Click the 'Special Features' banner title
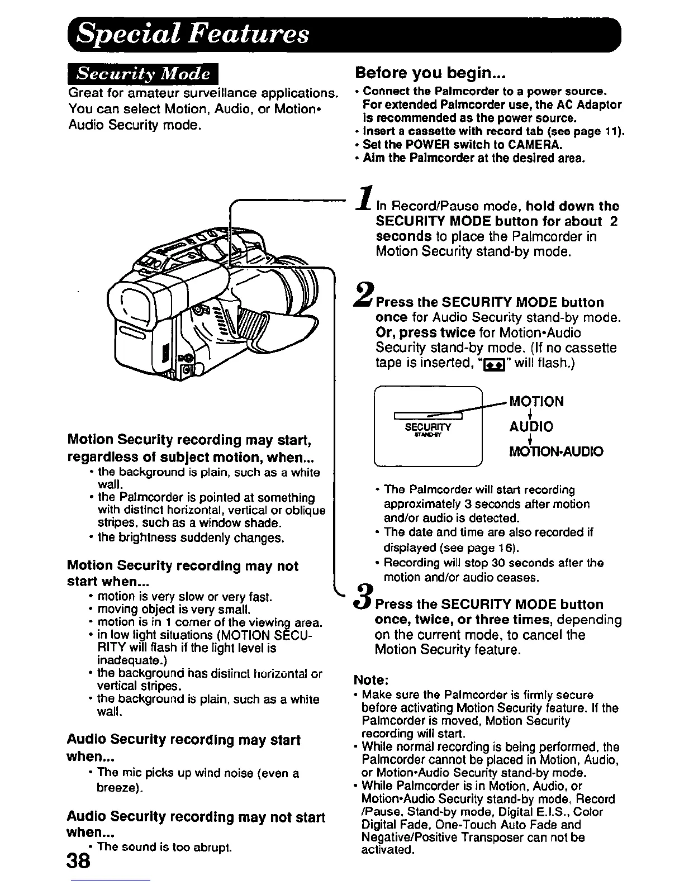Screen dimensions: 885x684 pyautogui.click(x=193, y=34)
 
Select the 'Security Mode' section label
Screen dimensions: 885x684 pyautogui.click(x=143, y=74)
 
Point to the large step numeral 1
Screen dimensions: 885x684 pyautogui.click(x=365, y=199)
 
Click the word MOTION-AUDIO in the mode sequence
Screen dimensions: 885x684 pyautogui.click(x=555, y=451)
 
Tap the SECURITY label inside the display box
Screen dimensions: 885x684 pyautogui.click(x=427, y=427)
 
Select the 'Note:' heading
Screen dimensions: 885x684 pyautogui.click(x=371, y=680)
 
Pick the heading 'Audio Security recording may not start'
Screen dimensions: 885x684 pyautogui.click(x=196, y=817)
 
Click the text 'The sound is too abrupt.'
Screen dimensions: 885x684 pyautogui.click(x=164, y=847)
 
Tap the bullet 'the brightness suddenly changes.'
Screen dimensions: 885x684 pyautogui.click(x=191, y=538)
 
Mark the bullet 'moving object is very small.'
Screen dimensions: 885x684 pyautogui.click(x=173, y=610)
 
